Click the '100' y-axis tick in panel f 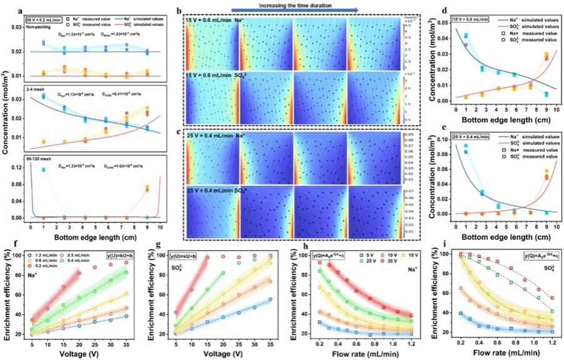[21, 256]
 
